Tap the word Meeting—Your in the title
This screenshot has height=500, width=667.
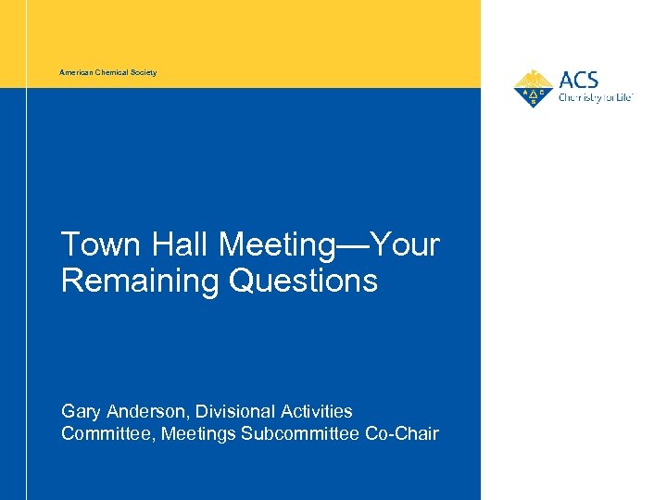pos(329,245)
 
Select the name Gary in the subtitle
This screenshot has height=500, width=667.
pos(81,411)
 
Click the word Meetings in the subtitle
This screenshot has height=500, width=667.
pos(198,433)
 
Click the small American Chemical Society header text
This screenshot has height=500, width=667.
pos(107,72)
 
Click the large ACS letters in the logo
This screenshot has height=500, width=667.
pos(579,80)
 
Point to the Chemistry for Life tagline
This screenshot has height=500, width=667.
pos(595,96)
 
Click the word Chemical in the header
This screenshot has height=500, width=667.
pos(112,72)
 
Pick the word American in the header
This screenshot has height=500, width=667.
pos(76,72)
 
